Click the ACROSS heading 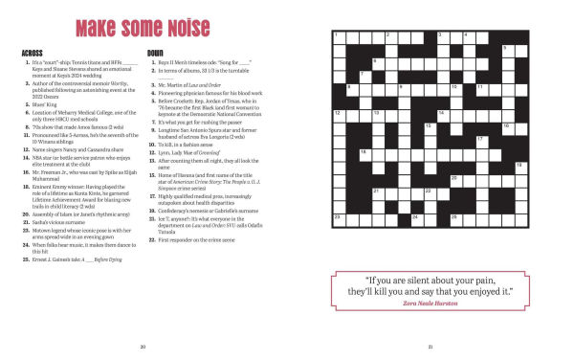32,51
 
